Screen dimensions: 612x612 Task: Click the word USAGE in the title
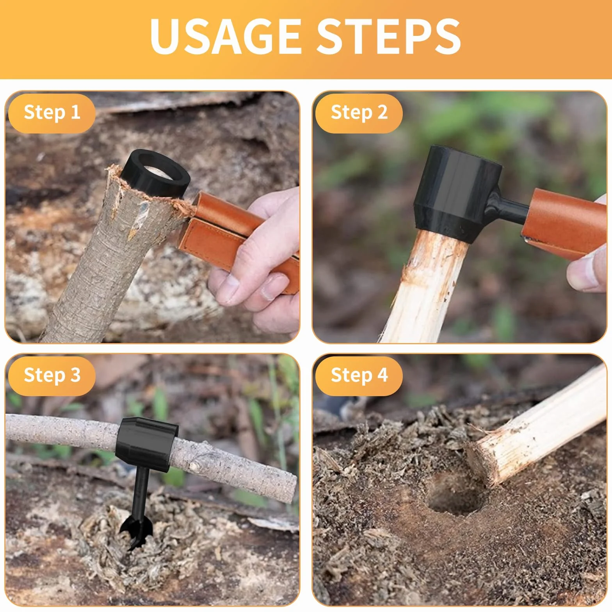click(225, 36)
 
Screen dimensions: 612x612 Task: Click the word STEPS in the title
click(388, 36)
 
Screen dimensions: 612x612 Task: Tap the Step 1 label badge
click(52, 113)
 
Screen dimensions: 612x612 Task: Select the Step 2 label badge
click(359, 113)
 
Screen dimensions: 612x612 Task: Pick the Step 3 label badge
click(52, 376)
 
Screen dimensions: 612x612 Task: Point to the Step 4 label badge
click(359, 376)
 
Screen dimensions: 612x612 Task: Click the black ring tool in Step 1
click(156, 174)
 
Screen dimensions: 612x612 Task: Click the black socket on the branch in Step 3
click(146, 443)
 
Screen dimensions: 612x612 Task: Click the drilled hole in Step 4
click(455, 496)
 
